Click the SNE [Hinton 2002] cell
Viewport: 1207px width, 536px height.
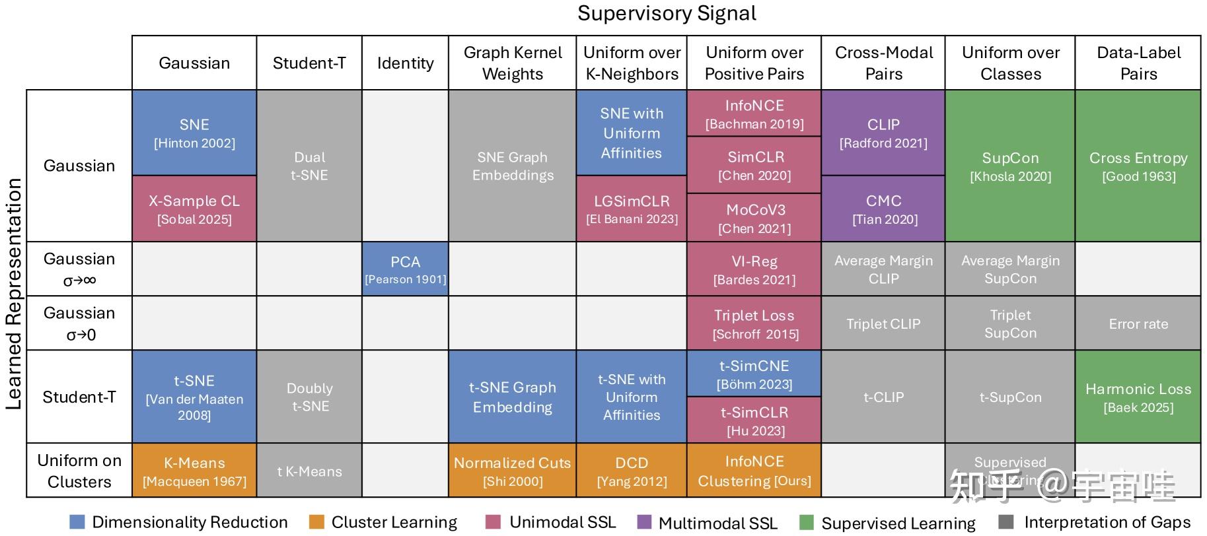(194, 133)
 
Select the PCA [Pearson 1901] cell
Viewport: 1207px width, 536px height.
(405, 269)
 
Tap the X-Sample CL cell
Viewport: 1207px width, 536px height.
(194, 209)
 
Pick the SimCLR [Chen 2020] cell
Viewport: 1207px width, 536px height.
(754, 165)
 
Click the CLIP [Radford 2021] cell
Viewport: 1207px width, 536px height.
(883, 133)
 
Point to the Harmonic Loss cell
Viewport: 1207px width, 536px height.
(1138, 397)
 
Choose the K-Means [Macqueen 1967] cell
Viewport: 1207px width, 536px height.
(194, 471)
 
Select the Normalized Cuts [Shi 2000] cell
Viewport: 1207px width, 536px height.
(512, 471)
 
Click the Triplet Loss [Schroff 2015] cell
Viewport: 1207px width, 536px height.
(754, 323)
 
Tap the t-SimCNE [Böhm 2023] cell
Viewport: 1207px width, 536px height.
(754, 374)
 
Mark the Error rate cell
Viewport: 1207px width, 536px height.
(1138, 323)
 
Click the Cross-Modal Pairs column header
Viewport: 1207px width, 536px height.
(883, 63)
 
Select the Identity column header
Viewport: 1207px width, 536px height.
(405, 63)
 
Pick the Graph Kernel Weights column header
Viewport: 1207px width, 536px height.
(512, 63)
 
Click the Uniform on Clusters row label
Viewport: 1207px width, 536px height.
(79, 471)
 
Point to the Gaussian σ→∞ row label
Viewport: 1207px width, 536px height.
(79, 269)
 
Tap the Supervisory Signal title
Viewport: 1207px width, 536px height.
(666, 13)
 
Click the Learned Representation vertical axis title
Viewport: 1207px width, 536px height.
(14, 294)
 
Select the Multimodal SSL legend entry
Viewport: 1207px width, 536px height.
(717, 523)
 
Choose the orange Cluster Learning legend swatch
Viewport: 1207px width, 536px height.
(316, 522)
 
